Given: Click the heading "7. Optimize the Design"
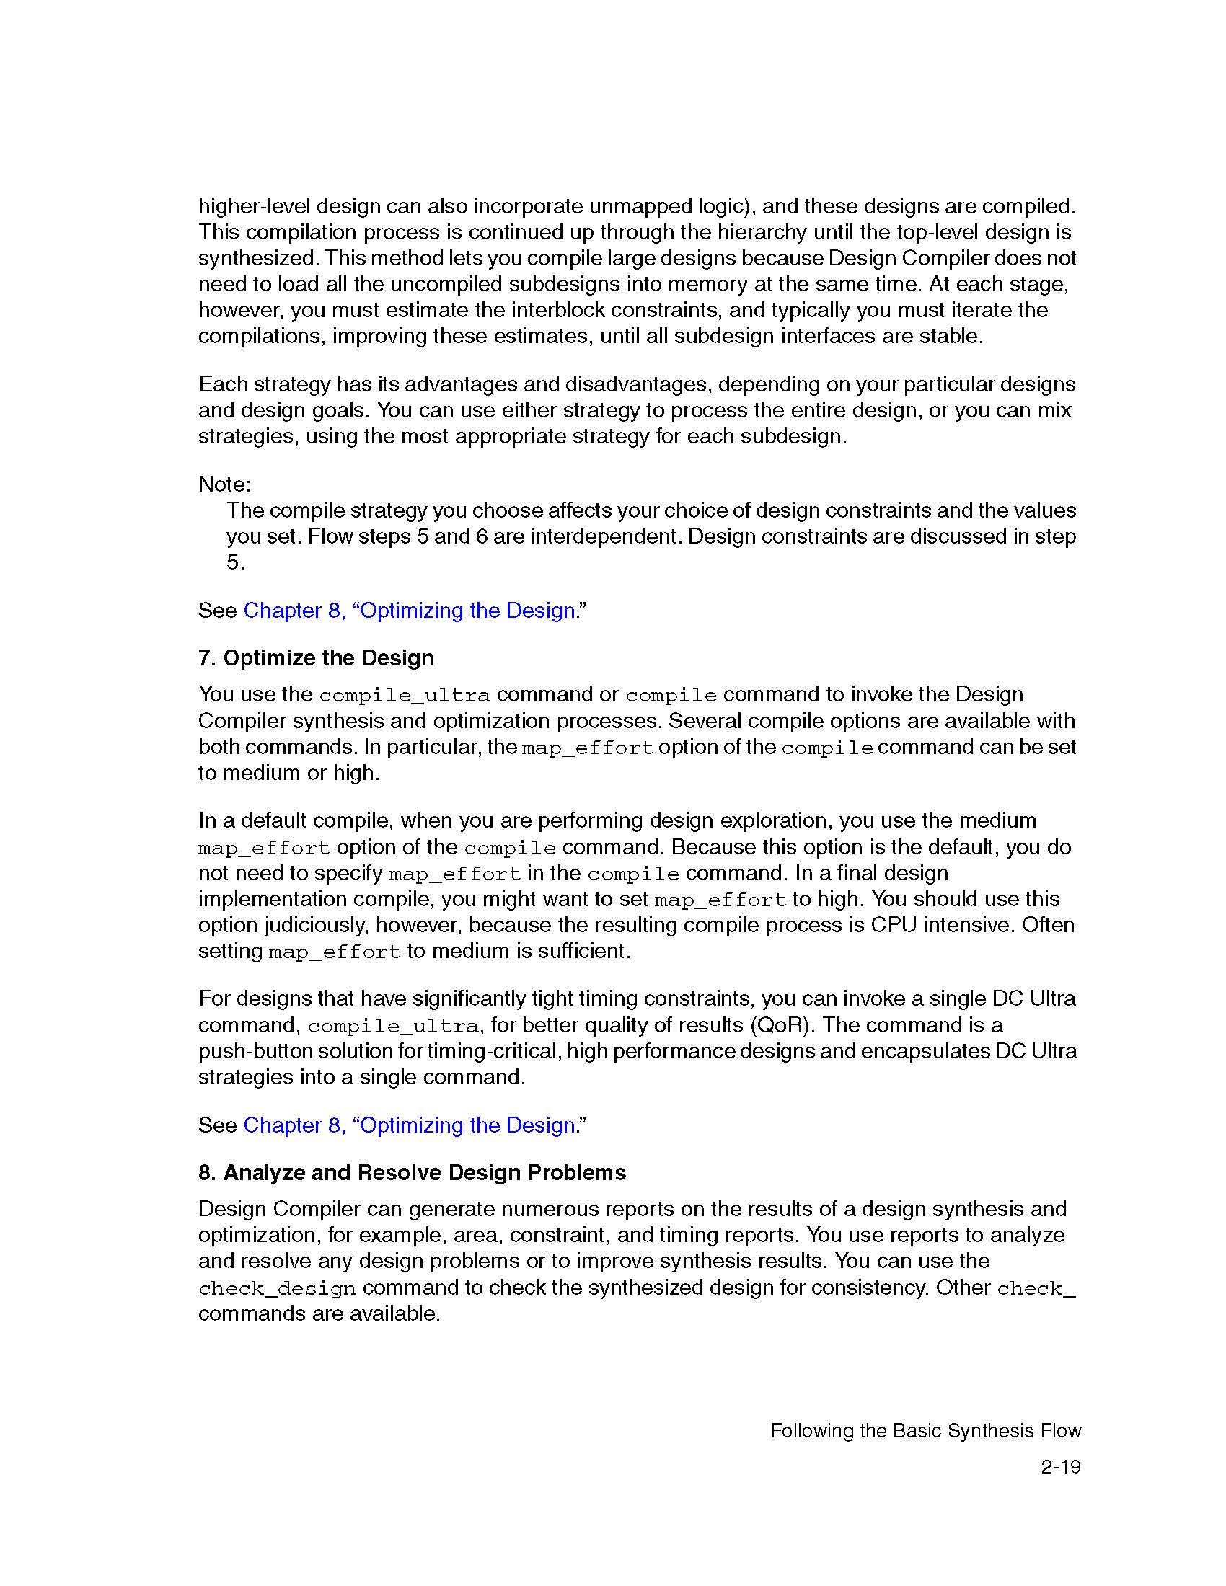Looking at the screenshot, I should tap(316, 658).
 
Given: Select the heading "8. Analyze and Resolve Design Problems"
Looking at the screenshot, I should tap(412, 1173).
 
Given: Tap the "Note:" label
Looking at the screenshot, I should tap(224, 484).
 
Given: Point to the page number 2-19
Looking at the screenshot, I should tap(1060, 1467).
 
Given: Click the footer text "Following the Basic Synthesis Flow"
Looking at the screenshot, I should tap(925, 1430).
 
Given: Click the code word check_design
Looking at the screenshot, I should tap(277, 1288).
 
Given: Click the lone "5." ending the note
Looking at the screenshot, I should tap(235, 562).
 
